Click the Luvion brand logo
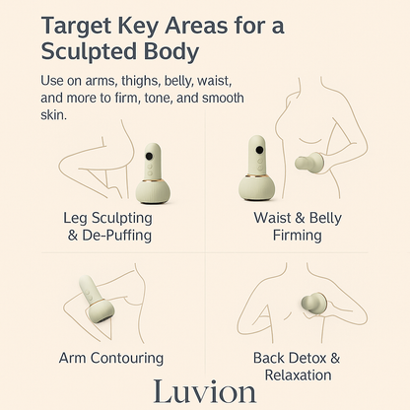click(205, 391)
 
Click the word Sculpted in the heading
click(90, 51)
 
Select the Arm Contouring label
click(111, 358)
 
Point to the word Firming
click(298, 236)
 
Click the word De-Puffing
click(116, 236)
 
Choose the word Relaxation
click(298, 376)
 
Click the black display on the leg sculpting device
click(149, 157)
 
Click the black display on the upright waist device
click(259, 151)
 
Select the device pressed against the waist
click(309, 163)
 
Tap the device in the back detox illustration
click(313, 304)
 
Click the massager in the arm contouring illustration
click(97, 300)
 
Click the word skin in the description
click(53, 114)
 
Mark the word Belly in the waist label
click(325, 218)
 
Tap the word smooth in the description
click(223, 98)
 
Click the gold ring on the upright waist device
click(257, 175)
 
